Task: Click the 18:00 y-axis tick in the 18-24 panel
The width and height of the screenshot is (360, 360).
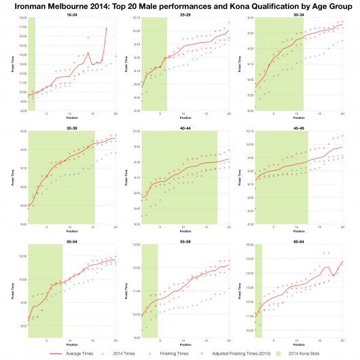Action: pos(23,18)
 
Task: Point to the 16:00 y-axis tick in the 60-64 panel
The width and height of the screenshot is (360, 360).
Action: pos(249,245)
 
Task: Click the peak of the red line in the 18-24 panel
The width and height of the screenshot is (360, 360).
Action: pos(107,29)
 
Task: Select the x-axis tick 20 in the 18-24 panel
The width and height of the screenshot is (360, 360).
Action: pos(115,113)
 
